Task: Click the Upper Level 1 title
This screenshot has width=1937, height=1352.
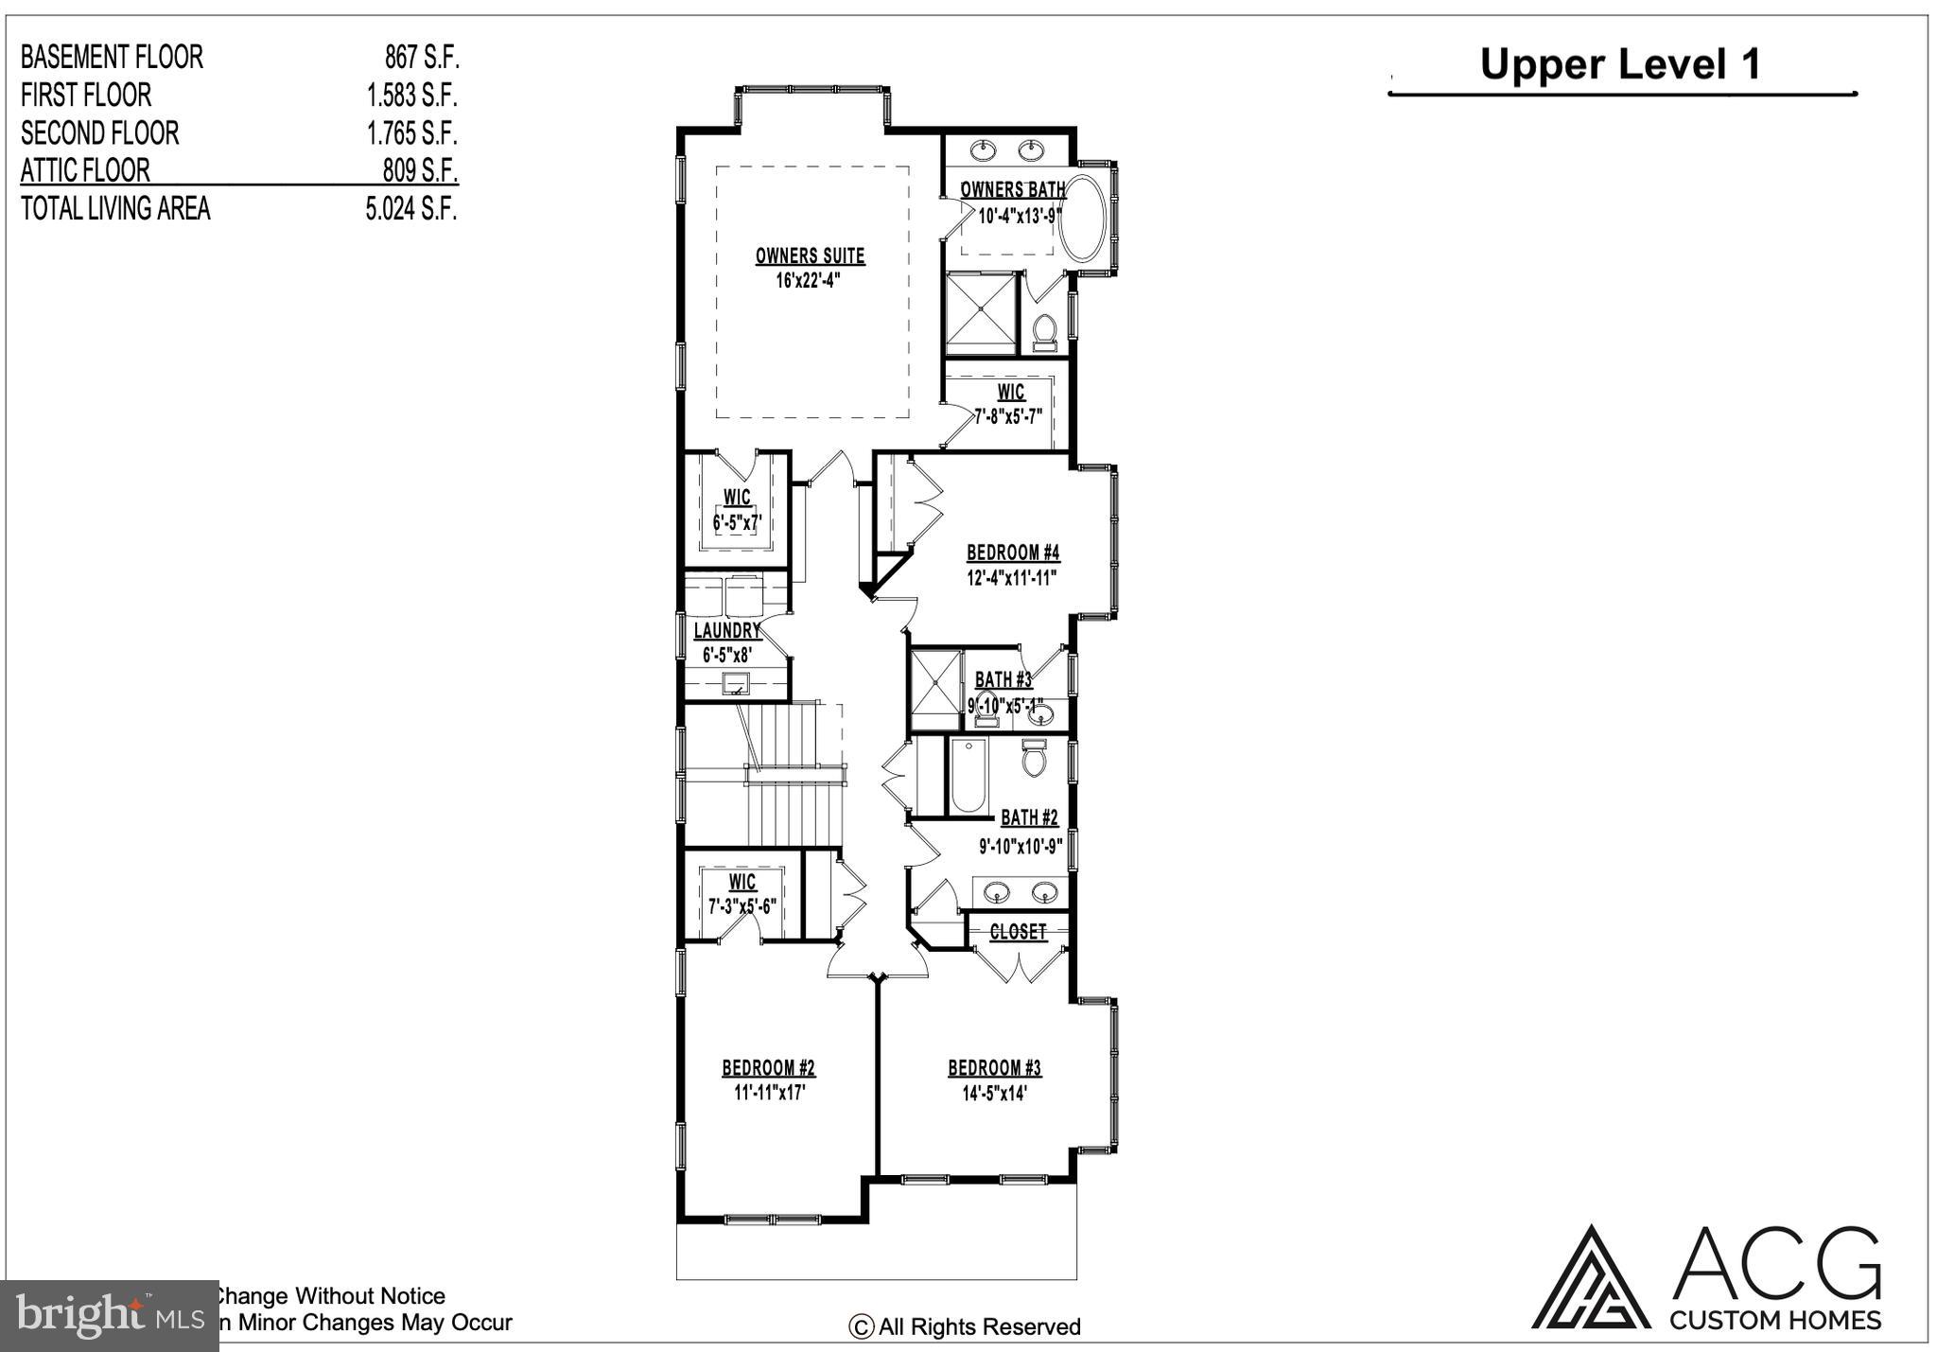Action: coord(1620,64)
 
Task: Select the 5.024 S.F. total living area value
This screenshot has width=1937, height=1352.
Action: coord(411,208)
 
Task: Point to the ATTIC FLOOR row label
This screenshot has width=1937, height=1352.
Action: coord(85,170)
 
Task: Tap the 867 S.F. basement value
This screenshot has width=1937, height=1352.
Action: coord(421,57)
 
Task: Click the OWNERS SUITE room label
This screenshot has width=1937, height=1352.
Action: coord(810,255)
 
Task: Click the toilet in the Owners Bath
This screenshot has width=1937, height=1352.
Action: coord(1045,332)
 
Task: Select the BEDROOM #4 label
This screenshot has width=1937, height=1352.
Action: coord(1013,553)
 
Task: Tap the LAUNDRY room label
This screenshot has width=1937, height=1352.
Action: coord(726,630)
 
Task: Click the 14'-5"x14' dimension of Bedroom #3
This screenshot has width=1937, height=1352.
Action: coord(994,1093)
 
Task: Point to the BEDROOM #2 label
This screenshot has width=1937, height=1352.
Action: coord(768,1068)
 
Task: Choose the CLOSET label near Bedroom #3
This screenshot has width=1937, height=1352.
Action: coord(1018,932)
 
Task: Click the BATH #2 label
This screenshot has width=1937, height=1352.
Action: coord(1029,817)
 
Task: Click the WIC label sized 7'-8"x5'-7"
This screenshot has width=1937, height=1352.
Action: coord(1010,392)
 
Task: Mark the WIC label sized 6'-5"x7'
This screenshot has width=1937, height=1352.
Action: coord(737,498)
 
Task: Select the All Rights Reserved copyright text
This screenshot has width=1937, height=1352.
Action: coord(966,1327)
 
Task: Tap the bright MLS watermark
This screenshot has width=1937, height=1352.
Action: coord(110,1316)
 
